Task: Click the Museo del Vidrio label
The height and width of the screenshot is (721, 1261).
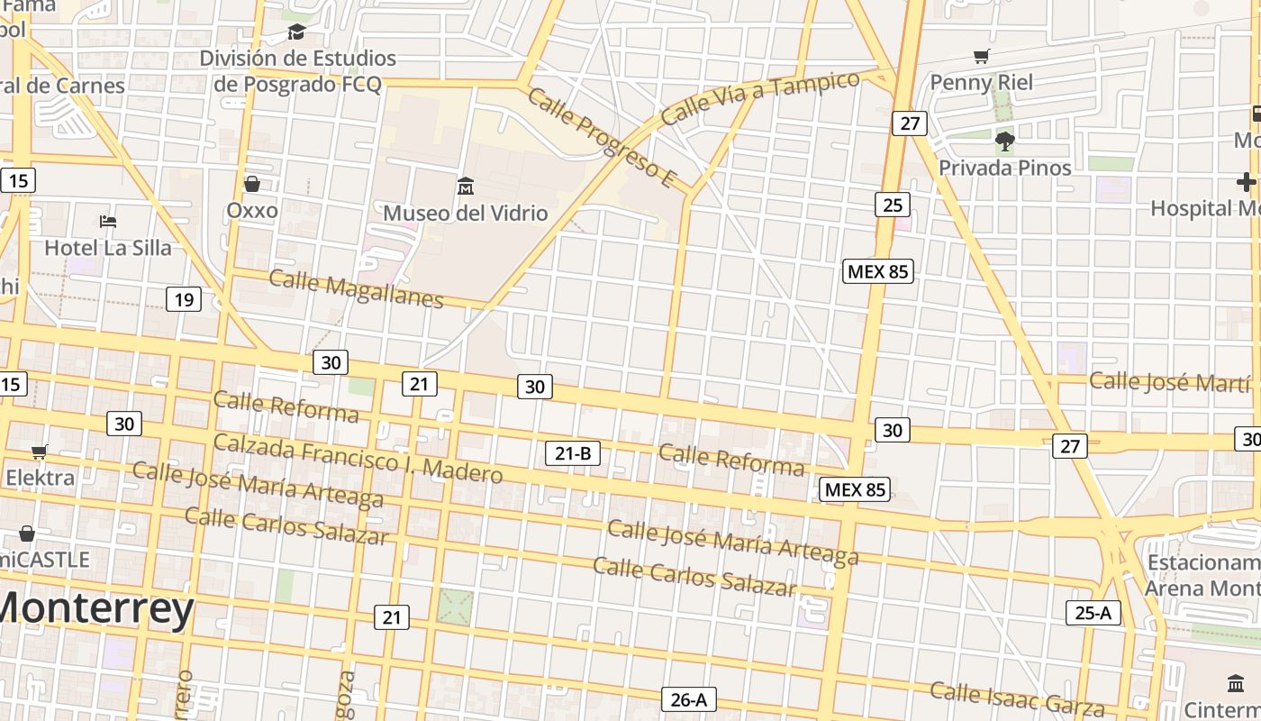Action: pyautogui.click(x=466, y=214)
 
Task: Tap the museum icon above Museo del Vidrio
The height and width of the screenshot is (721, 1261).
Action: pyautogui.click(x=466, y=187)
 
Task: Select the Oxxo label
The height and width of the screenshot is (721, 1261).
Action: pyautogui.click(x=252, y=210)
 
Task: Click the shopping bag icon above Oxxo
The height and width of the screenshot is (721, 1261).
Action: pyautogui.click(x=252, y=184)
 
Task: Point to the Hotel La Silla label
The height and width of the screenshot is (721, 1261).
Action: pyautogui.click(x=107, y=248)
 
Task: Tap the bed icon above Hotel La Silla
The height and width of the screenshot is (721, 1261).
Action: pyautogui.click(x=108, y=221)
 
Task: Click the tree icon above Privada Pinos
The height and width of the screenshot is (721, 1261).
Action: pyautogui.click(x=1005, y=141)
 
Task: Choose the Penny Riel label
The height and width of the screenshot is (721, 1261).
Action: pyautogui.click(x=981, y=83)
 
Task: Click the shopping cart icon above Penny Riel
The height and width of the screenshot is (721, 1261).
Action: pyautogui.click(x=982, y=57)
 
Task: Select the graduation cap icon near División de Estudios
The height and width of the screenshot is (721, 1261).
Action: pyautogui.click(x=296, y=32)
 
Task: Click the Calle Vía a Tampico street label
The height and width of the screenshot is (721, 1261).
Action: pyautogui.click(x=760, y=97)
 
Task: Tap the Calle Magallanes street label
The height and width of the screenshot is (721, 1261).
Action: pyautogui.click(x=356, y=289)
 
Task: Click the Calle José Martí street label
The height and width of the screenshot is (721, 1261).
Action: pyautogui.click(x=1169, y=381)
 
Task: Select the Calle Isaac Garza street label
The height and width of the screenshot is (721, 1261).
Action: pyautogui.click(x=1017, y=698)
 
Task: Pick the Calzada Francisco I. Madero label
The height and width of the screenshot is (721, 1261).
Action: pyautogui.click(x=358, y=458)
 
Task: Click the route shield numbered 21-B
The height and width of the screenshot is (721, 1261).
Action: pyautogui.click(x=573, y=453)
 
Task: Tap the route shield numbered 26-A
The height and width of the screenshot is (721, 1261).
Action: pyautogui.click(x=689, y=699)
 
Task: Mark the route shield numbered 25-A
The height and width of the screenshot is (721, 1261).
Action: pyautogui.click(x=1093, y=613)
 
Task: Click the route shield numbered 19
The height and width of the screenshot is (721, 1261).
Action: pyautogui.click(x=184, y=299)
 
